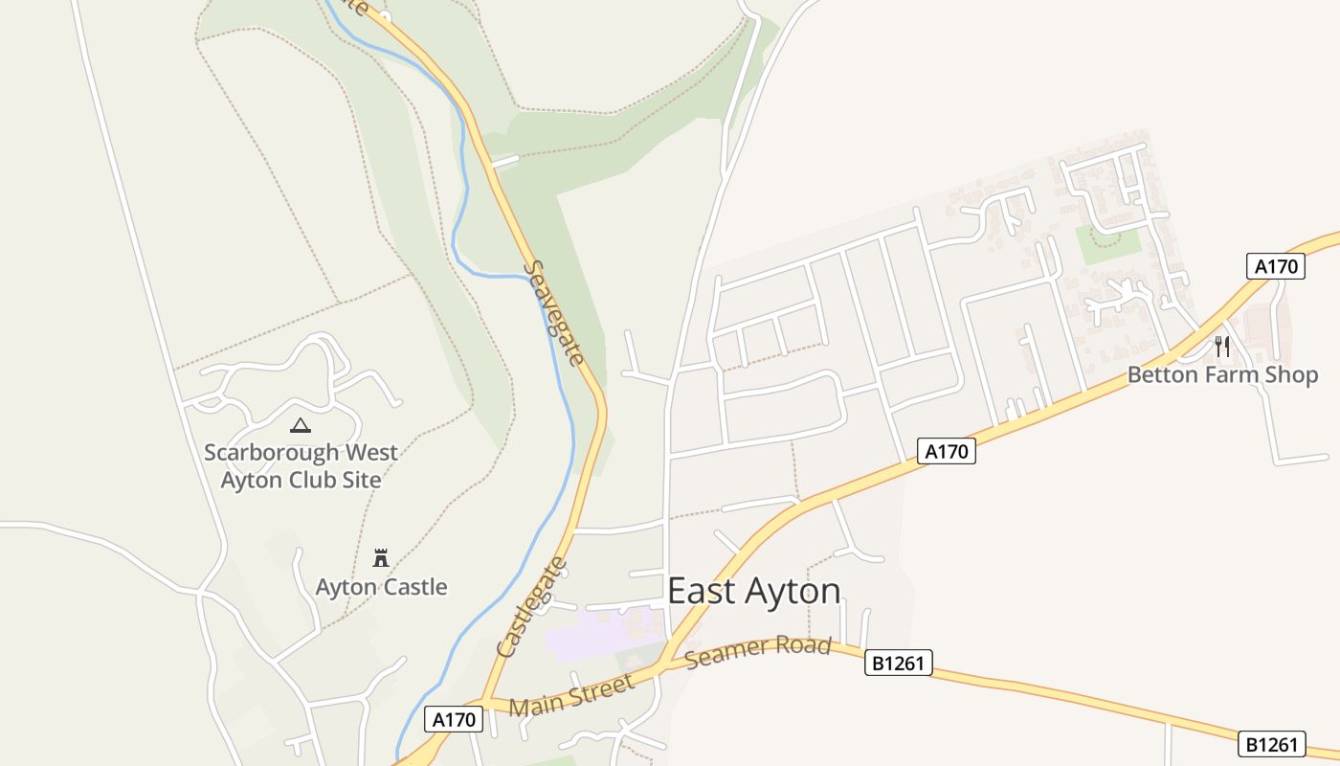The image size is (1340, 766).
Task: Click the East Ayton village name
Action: pos(753,591)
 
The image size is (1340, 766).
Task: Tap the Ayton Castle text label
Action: pos(381,586)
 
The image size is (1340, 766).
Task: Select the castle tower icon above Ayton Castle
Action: pos(381,557)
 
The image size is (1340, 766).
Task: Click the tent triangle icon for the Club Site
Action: pos(301,425)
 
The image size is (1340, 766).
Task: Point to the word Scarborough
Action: pos(272,452)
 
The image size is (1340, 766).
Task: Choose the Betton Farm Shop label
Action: pos(1222,374)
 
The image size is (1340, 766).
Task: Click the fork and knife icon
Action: pos(1221,346)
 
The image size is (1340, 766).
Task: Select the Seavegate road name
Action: pos(555,314)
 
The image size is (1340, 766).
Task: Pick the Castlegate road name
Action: pos(533,607)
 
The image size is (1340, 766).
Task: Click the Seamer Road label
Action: pos(758,652)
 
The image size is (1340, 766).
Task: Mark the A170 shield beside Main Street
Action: pos(455,719)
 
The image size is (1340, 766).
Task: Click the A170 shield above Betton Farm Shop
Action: pos(1276,266)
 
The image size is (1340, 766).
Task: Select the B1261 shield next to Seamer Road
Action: pos(898,663)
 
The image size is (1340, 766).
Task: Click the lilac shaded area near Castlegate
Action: pos(593,637)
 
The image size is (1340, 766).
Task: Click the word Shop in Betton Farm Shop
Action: pos(1291,374)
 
